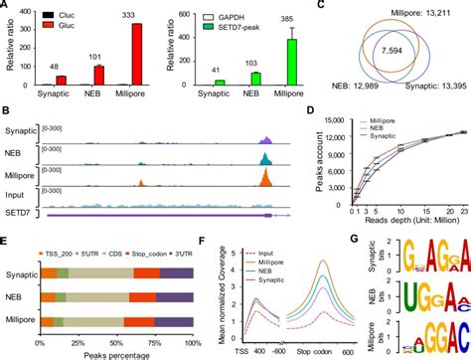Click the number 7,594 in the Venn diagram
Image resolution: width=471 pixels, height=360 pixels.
(401, 51)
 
